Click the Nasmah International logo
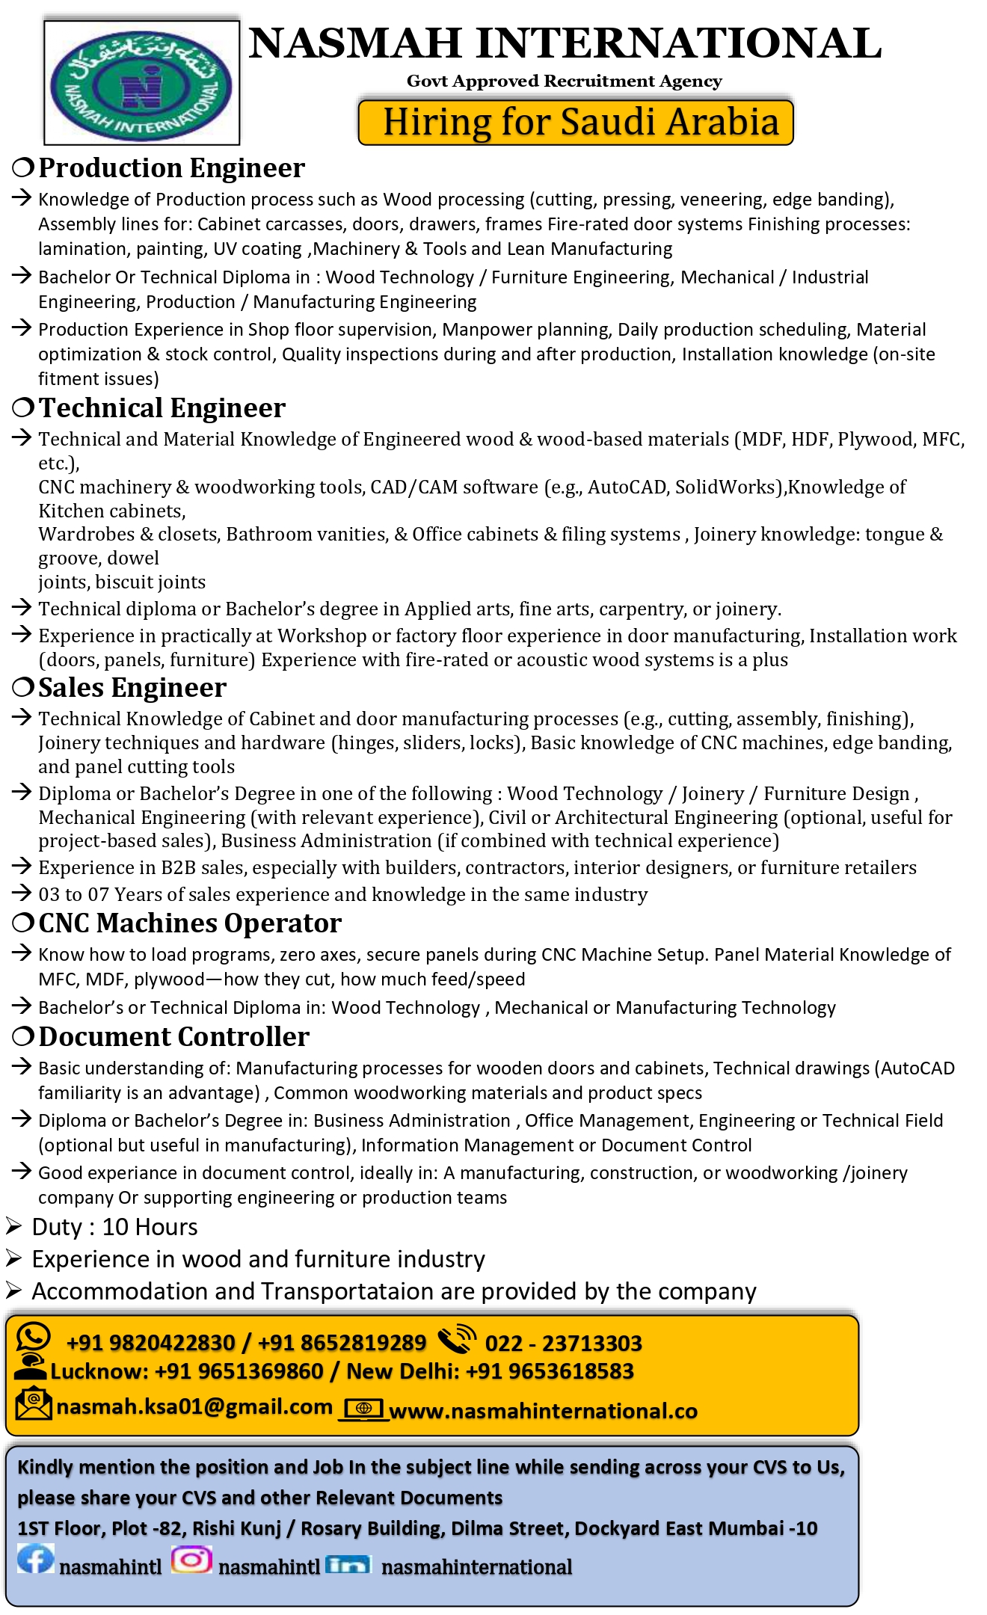(141, 82)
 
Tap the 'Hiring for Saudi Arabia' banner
(576, 121)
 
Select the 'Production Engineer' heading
(171, 168)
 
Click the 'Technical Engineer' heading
(162, 408)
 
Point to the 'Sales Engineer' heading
(132, 688)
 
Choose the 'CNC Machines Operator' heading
(190, 923)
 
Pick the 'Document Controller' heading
(173, 1037)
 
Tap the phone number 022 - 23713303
(563, 1344)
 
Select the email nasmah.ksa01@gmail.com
(194, 1407)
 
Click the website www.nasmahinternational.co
(543, 1411)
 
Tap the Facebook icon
(35, 1559)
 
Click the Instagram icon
(191, 1559)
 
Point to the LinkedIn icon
(348, 1563)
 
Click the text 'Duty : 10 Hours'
(114, 1227)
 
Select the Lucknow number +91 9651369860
(239, 1371)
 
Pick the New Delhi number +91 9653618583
(549, 1371)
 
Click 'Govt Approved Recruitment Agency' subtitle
(564, 81)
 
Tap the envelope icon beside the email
(33, 1403)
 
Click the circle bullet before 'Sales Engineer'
(23, 686)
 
